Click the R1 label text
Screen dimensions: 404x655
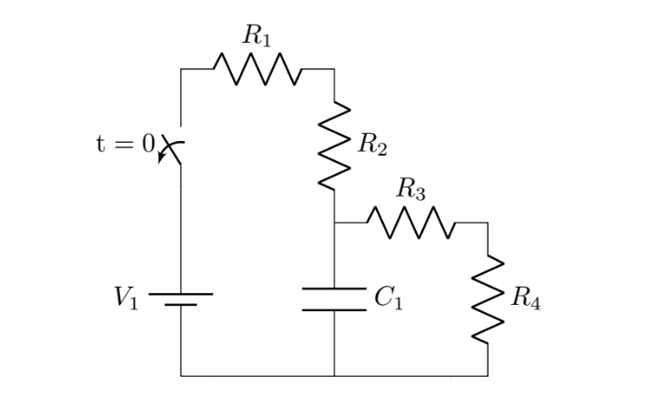257,36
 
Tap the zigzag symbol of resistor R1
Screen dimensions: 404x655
257,68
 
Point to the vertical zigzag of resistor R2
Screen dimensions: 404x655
335,145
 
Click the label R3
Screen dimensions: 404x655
410,190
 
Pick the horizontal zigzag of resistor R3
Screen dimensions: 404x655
410,222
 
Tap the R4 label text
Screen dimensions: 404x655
526,298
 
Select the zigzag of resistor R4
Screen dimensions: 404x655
488,298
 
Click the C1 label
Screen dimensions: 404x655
388,298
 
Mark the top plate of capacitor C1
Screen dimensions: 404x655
335,290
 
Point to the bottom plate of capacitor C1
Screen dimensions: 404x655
335,309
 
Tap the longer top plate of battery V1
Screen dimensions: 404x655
181,294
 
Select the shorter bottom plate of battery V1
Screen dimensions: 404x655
181,306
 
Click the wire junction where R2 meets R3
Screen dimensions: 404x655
335,222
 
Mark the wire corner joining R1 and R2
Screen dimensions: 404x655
335,68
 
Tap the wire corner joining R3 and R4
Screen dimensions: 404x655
488,222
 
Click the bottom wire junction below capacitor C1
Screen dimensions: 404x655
335,375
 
